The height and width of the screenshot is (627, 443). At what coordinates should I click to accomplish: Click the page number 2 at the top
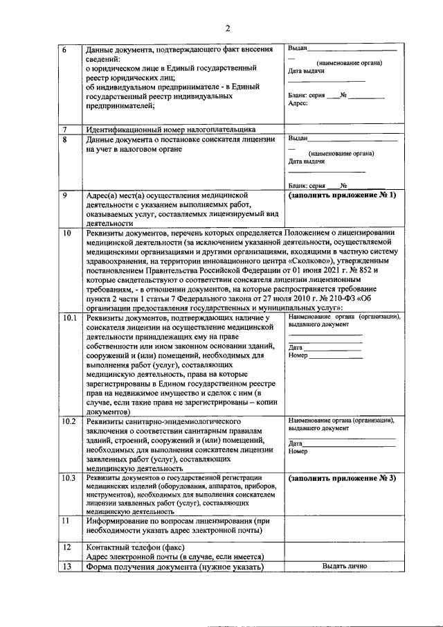tap(226, 28)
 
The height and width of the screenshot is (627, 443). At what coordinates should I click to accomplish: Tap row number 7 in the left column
tap(64, 130)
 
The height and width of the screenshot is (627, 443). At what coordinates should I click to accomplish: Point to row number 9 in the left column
tap(64, 196)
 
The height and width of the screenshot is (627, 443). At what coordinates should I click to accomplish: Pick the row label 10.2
tap(69, 421)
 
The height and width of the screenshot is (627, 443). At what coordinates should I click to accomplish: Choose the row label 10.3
tap(69, 479)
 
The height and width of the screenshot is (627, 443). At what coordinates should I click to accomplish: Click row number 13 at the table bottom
tap(66, 567)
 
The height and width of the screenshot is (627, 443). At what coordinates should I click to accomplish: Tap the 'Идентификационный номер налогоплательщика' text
tap(170, 130)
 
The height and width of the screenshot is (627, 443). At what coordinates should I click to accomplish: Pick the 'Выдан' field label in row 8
tap(298, 139)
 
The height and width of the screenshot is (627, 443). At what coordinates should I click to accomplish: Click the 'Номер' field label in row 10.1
tap(298, 355)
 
